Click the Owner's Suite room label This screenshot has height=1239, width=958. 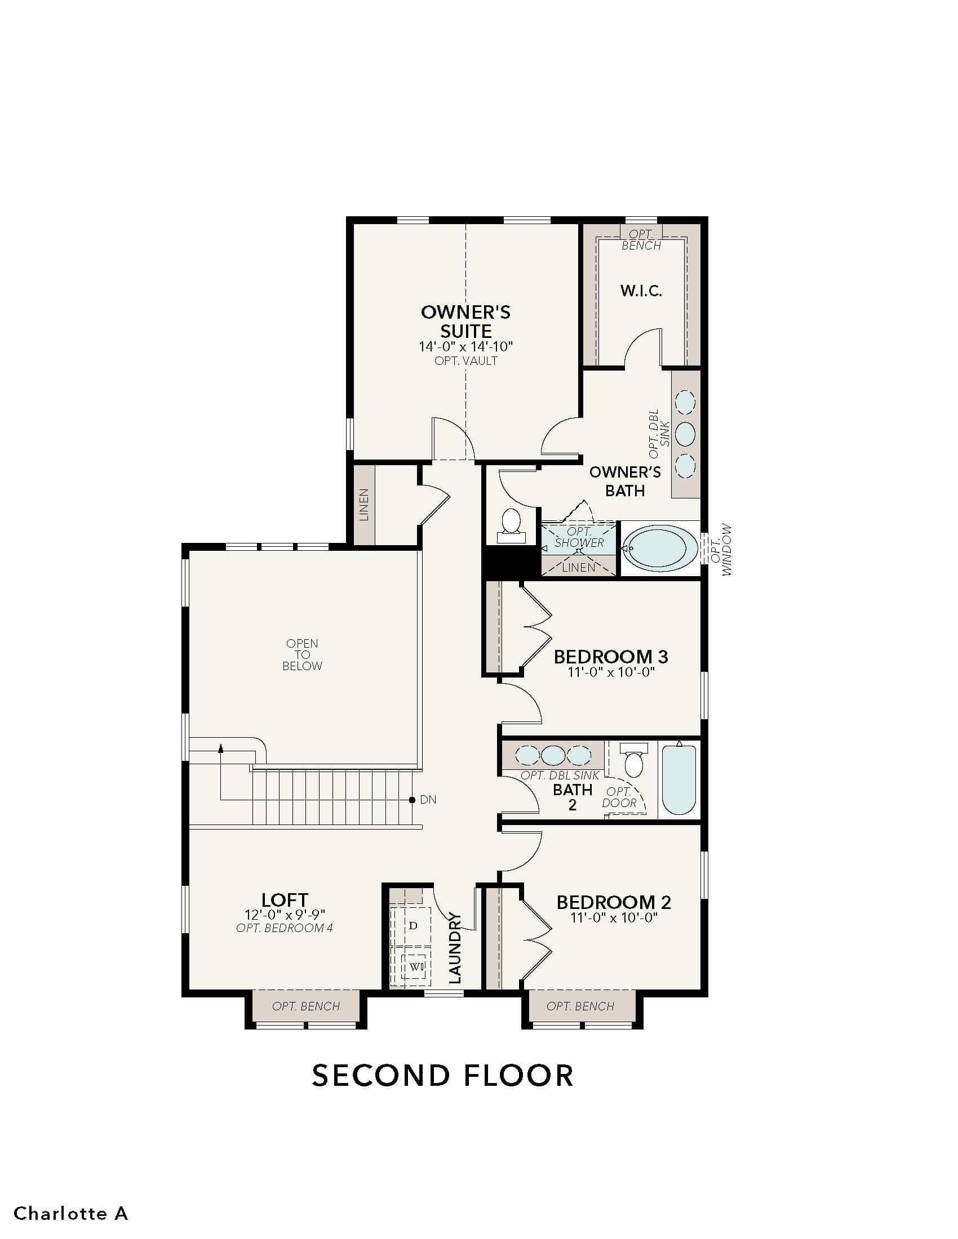point(465,321)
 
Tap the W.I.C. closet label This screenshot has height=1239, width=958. point(641,291)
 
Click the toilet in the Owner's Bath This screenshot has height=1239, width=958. point(511,526)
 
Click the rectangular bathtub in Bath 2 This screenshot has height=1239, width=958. point(679,779)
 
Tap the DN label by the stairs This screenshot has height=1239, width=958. point(428,800)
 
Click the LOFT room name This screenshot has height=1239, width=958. point(285,900)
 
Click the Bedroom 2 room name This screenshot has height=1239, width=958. point(614,902)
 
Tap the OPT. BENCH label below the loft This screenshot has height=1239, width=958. point(306,1006)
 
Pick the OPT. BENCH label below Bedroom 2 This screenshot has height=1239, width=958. point(580,1006)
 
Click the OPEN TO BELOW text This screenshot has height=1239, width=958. point(302,654)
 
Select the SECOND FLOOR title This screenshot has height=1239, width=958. point(443,1076)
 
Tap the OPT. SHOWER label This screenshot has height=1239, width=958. point(579,537)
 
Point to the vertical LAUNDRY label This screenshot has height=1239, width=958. point(455,948)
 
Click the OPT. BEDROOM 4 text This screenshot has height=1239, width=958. point(285,929)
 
